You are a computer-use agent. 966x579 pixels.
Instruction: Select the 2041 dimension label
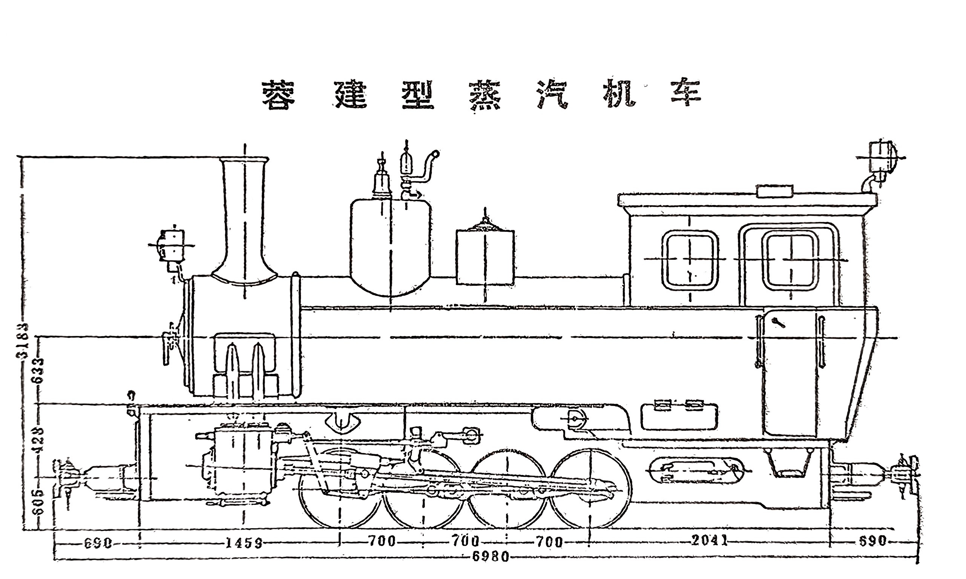(709, 541)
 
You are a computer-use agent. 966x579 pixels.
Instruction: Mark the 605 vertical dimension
(39, 502)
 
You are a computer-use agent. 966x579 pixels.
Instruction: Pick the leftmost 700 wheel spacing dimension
(382, 542)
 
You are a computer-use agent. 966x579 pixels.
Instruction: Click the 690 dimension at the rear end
(872, 541)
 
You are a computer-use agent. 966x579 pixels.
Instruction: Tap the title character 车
(686, 95)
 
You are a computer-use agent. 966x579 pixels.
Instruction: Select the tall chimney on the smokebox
(245, 219)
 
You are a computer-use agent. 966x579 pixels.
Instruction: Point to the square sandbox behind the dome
(485, 257)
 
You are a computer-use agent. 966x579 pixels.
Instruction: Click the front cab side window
(690, 259)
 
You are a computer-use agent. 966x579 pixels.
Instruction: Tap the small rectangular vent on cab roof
(774, 191)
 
